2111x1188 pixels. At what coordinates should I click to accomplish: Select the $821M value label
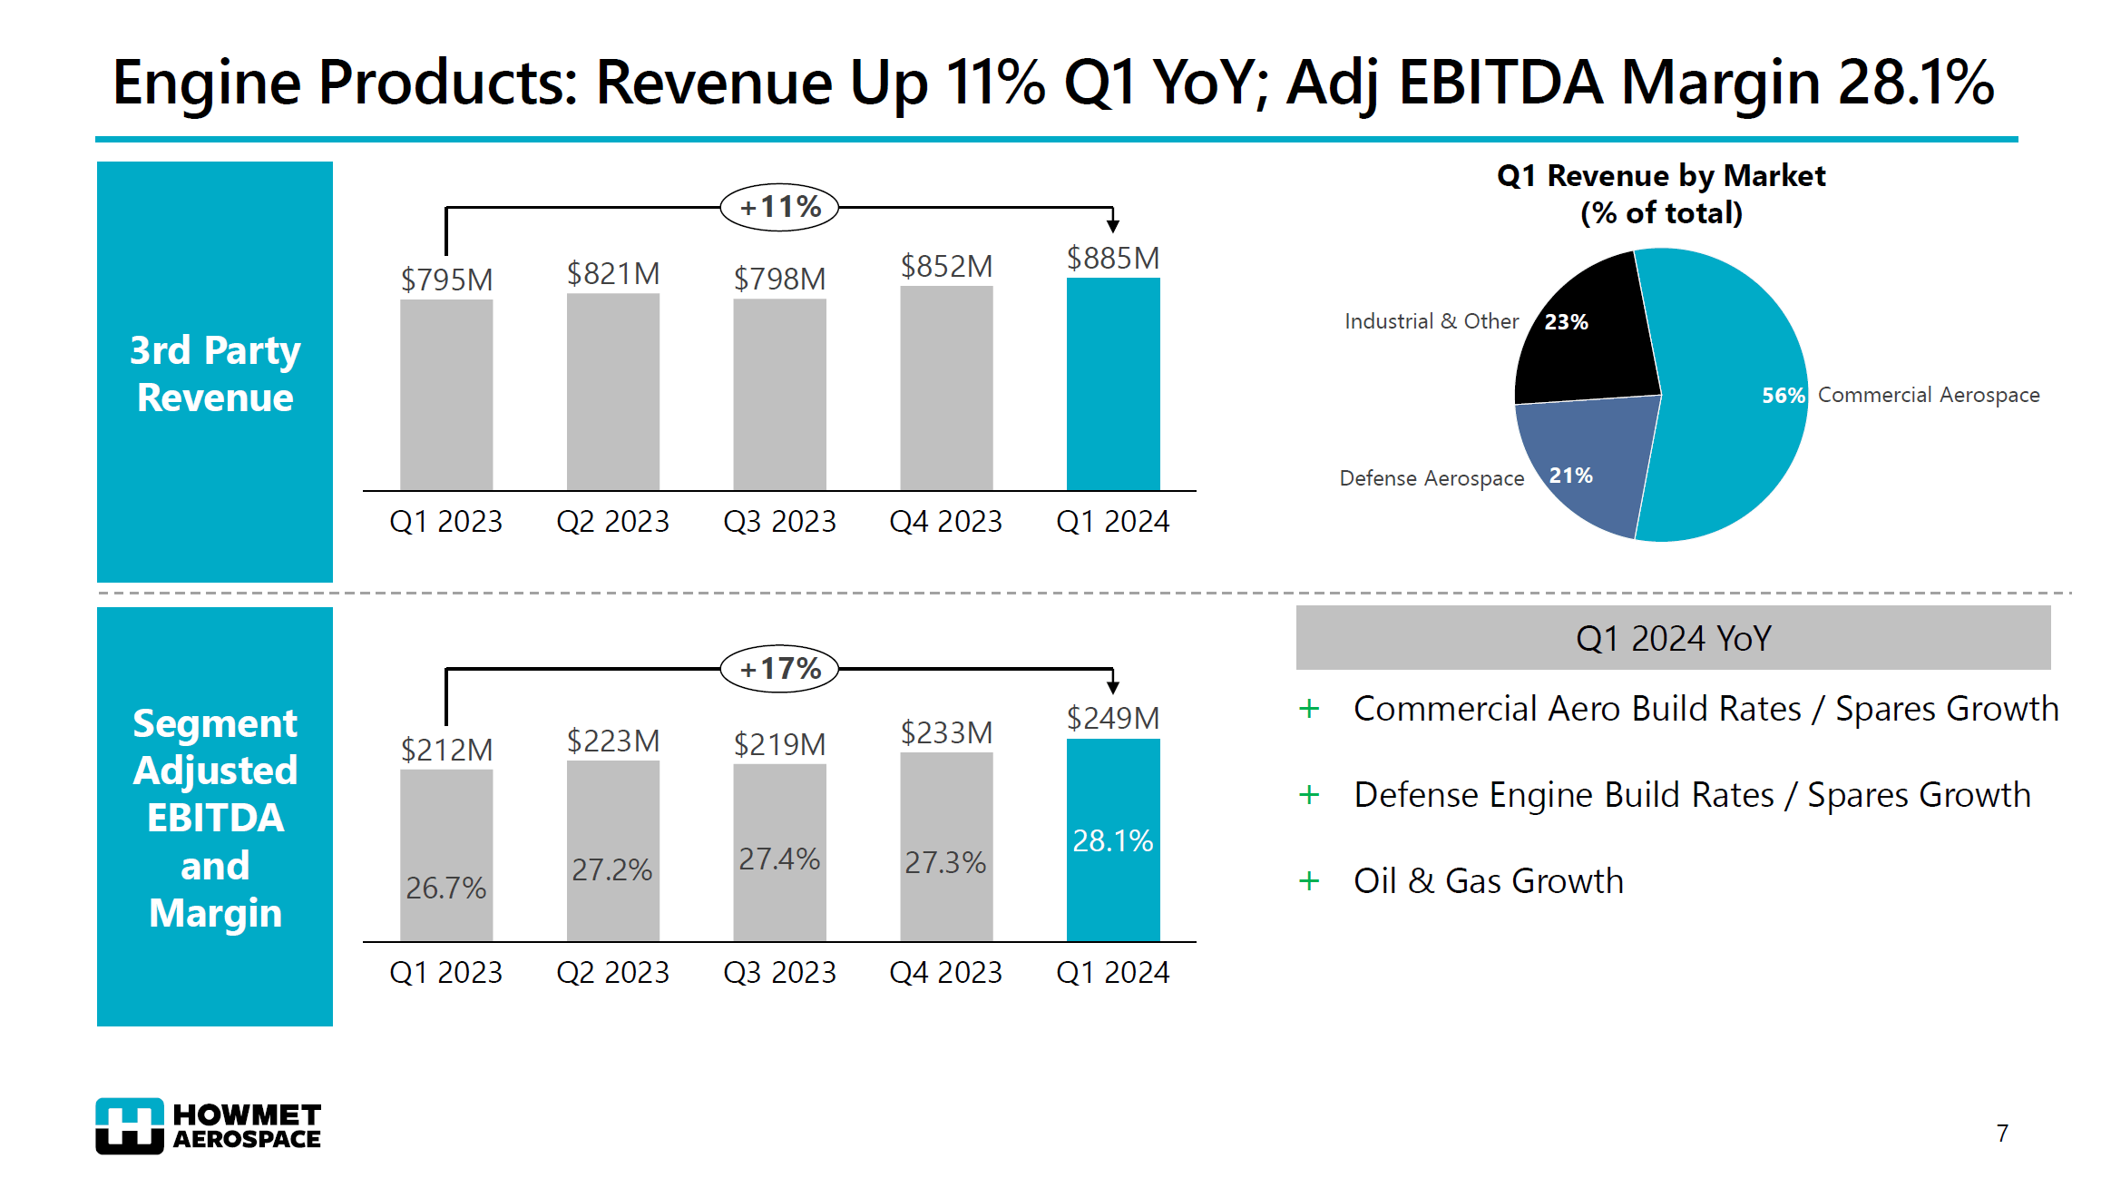613,273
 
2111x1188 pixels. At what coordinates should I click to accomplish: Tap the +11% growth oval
779,207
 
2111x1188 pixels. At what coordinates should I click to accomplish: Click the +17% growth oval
779,669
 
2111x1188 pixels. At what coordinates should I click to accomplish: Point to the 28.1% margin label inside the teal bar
1112,840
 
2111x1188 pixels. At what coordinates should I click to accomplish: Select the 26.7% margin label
445,888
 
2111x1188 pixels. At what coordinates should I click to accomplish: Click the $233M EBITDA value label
946,732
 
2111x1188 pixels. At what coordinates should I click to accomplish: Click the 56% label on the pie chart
1783,396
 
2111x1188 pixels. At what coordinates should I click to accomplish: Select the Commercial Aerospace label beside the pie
1928,395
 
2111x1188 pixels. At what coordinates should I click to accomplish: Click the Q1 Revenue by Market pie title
1661,193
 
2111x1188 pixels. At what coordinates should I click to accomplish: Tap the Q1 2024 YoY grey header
1672,638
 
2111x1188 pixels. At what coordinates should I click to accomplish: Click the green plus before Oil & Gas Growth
1308,880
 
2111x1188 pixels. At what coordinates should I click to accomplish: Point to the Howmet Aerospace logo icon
130,1125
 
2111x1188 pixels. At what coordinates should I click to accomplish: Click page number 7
2002,1133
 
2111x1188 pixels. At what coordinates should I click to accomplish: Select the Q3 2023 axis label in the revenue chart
779,521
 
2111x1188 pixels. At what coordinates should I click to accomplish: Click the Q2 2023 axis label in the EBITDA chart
612,972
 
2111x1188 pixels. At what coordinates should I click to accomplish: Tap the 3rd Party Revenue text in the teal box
215,373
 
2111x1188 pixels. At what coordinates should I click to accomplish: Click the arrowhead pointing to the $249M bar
1112,687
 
